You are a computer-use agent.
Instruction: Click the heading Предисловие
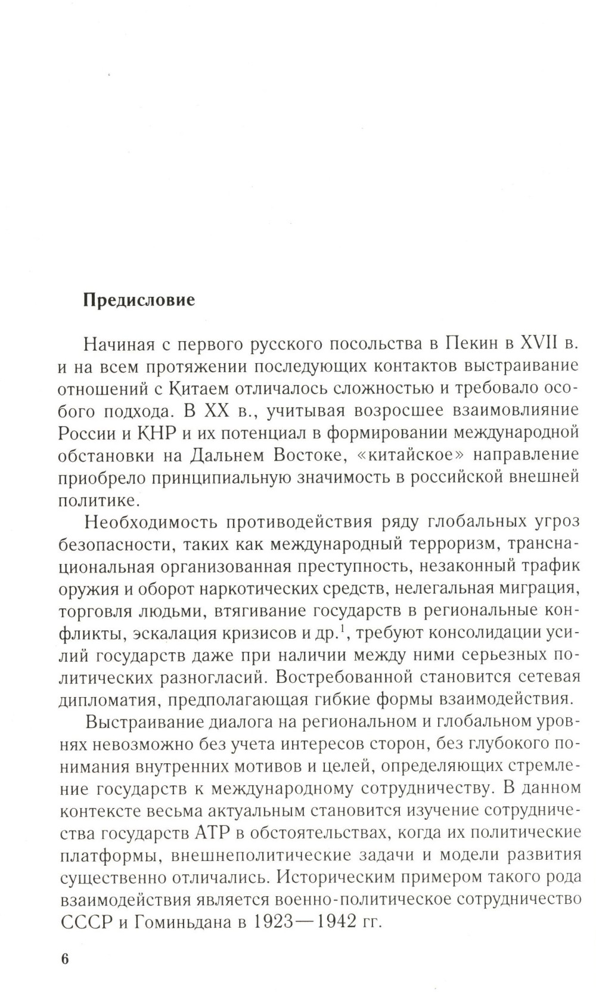point(138,299)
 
